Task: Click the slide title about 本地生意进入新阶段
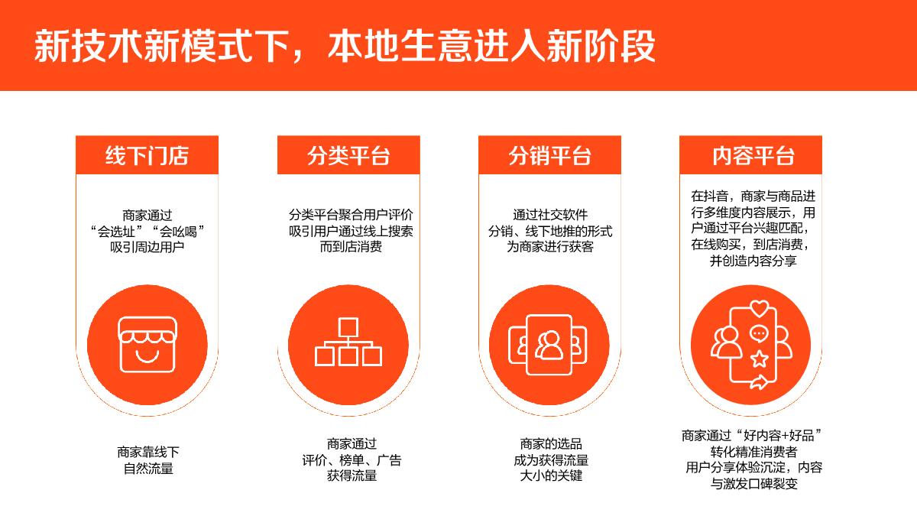tap(344, 47)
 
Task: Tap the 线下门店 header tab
tap(147, 156)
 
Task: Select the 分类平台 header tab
tap(348, 156)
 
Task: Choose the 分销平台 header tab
tap(549, 156)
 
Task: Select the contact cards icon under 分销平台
tap(549, 345)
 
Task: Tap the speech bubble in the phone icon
tap(759, 334)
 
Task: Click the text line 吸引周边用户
tap(147, 247)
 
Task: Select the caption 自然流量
tap(148, 468)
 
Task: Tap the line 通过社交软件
tap(550, 215)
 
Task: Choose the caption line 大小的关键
tap(550, 475)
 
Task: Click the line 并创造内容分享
tap(753, 261)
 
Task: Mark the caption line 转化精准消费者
tap(753, 451)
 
